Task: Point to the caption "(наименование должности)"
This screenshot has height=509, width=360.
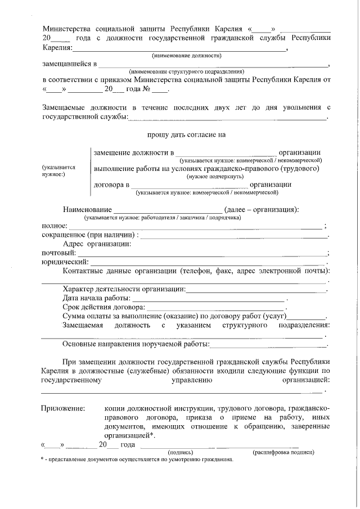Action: [186, 56]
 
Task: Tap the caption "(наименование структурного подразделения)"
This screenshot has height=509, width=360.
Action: [186, 72]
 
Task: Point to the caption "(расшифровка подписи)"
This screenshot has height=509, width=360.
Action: [283, 452]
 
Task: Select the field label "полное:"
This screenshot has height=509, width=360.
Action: [54, 226]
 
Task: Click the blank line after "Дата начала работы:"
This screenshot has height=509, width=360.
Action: [209, 298]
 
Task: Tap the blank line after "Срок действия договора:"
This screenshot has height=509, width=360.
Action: [216, 308]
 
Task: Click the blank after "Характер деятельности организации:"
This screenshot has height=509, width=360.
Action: [256, 289]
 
